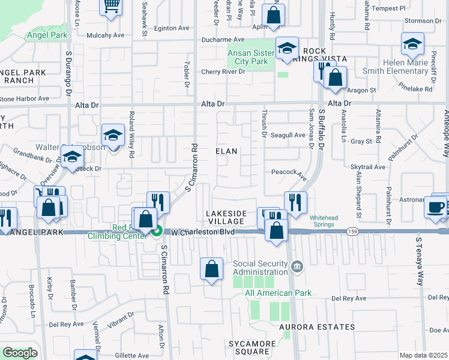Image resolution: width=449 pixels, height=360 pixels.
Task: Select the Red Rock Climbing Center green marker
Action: point(157,230)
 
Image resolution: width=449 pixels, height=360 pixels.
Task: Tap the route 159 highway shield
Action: point(353,232)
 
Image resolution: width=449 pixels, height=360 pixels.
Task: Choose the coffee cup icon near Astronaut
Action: point(435,207)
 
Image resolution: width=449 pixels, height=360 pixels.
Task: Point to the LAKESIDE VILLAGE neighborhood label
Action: point(226,217)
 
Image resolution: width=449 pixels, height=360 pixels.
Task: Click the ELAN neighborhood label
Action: point(227,152)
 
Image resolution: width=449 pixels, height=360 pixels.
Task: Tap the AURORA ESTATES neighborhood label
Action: point(316,327)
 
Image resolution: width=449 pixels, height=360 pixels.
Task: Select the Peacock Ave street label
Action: point(288,172)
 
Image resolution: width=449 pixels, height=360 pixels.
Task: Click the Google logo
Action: point(20,353)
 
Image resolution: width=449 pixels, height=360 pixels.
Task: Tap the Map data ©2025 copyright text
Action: point(424,355)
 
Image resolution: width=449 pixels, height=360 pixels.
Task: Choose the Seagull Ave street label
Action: point(288,135)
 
